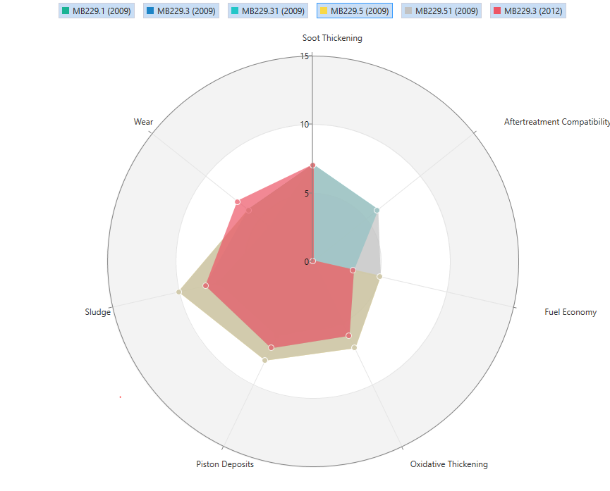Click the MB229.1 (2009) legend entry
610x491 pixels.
point(97,11)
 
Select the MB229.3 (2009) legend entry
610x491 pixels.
point(181,11)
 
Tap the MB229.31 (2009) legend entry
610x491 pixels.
point(268,11)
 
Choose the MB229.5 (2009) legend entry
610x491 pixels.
point(354,11)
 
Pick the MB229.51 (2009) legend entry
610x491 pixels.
point(441,11)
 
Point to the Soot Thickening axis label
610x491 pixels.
point(332,38)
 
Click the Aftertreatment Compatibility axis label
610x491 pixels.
point(556,122)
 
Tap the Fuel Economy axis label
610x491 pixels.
point(571,312)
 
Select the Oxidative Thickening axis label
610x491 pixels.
point(449,464)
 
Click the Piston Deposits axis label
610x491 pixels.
point(225,464)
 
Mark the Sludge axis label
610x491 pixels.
point(97,312)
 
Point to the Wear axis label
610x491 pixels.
point(143,122)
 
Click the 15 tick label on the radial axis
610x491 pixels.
point(304,56)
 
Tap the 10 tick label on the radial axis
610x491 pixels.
point(304,125)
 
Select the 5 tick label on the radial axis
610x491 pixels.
point(306,194)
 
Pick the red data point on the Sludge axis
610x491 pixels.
point(205,285)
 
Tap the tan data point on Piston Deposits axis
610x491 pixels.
point(265,360)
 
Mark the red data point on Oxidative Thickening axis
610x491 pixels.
point(348,335)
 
